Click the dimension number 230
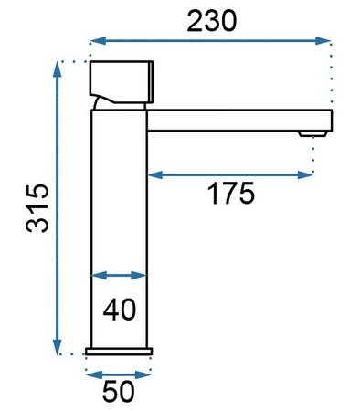(x=212, y=21)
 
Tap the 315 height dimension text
(x=37, y=208)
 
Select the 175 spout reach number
(x=231, y=193)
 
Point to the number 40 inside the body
(x=120, y=310)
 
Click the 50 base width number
(x=118, y=392)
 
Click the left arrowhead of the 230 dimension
(x=98, y=40)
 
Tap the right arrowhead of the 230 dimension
(x=323, y=40)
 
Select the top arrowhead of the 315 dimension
(x=57, y=69)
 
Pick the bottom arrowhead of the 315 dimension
(x=57, y=346)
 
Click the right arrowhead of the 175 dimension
(x=305, y=174)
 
